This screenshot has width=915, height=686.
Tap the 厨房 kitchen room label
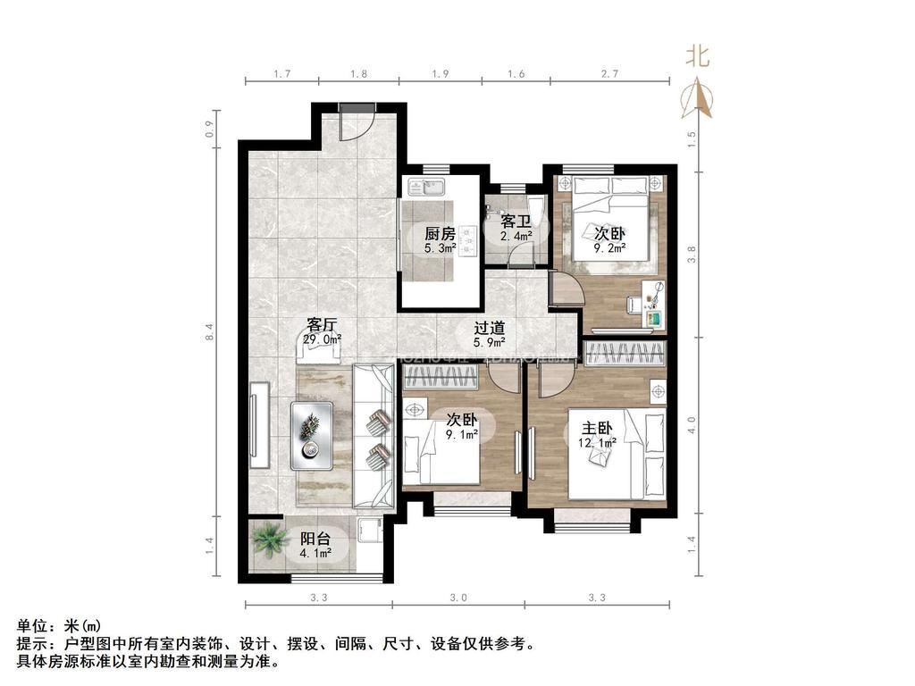tap(440, 234)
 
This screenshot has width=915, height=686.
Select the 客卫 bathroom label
tap(516, 221)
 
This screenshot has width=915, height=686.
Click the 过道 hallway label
tap(489, 326)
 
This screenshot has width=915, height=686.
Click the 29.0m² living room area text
tap(322, 340)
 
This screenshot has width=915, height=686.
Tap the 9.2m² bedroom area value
tap(609, 249)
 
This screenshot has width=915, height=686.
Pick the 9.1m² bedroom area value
tap(462, 435)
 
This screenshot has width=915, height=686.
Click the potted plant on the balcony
tap(266, 540)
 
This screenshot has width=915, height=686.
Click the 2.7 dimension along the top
tap(610, 75)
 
